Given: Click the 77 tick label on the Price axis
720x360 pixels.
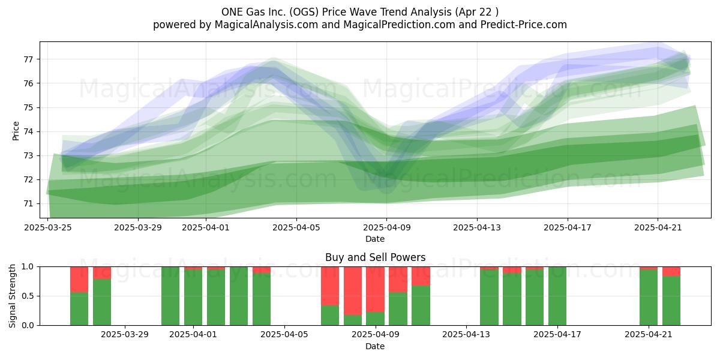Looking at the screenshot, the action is pyautogui.click(x=28, y=59).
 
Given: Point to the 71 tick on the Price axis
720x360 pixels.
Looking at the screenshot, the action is pyautogui.click(x=28, y=204).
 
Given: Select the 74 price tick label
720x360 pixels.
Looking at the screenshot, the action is pyautogui.click(x=28, y=132).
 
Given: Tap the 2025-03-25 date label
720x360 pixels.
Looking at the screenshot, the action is pyautogui.click(x=48, y=227).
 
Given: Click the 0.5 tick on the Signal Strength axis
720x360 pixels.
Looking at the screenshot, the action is pyautogui.click(x=28, y=296).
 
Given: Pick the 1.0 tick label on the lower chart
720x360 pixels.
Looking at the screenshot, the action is pyautogui.click(x=28, y=267).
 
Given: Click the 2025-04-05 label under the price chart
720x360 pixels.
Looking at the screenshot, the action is pyautogui.click(x=296, y=227).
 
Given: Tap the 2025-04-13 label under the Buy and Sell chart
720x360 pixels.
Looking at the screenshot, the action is pyautogui.click(x=466, y=335).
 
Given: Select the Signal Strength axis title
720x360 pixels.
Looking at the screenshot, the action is pyautogui.click(x=12, y=296).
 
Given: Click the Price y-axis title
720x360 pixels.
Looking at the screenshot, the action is pyautogui.click(x=16, y=131).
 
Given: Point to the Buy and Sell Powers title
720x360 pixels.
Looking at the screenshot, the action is pyautogui.click(x=375, y=257).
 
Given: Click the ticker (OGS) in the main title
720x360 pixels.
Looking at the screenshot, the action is pyautogui.click(x=304, y=12).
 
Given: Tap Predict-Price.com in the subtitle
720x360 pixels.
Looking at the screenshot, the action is pyautogui.click(x=524, y=25).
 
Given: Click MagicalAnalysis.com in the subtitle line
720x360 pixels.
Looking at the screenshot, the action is pyautogui.click(x=266, y=25).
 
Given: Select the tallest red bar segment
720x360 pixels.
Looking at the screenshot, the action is pyautogui.click(x=353, y=291).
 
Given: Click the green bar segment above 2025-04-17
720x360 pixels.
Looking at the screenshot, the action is pyautogui.click(x=557, y=296).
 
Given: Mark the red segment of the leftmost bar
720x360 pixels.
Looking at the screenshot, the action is pyautogui.click(x=79, y=280).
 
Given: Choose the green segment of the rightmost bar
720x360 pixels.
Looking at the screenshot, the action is pyautogui.click(x=671, y=301).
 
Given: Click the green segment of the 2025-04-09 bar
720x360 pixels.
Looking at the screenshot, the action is pyautogui.click(x=375, y=319).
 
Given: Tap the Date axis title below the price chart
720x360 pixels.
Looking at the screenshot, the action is pyautogui.click(x=375, y=239).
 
